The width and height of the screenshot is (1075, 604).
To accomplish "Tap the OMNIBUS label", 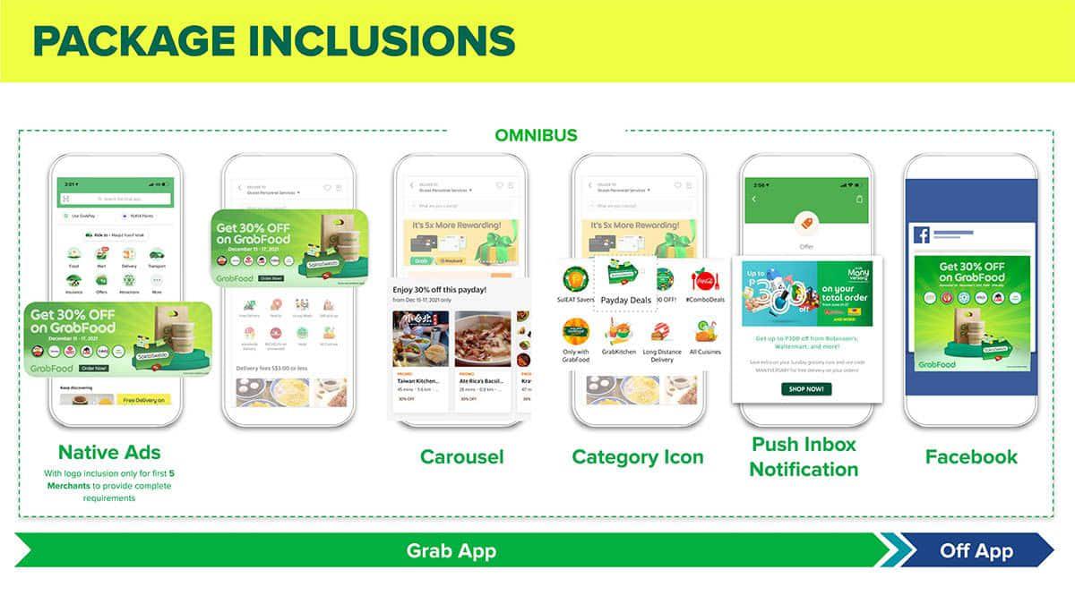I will point(536,136).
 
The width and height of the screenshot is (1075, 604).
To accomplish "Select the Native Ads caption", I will point(109,452).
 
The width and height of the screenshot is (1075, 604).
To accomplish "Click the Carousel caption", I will point(461,456).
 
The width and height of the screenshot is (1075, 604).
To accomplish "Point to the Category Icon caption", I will point(638,456).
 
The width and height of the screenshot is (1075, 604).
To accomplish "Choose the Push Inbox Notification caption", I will point(804,456).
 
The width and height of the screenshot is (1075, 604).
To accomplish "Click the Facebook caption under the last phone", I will point(971,456).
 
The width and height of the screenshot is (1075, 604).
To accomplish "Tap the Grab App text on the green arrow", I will point(451,550).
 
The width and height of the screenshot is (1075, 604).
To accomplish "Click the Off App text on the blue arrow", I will point(976,550).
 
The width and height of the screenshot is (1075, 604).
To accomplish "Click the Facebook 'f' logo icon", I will point(922,235).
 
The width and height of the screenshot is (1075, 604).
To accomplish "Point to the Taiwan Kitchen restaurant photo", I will point(418,339).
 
